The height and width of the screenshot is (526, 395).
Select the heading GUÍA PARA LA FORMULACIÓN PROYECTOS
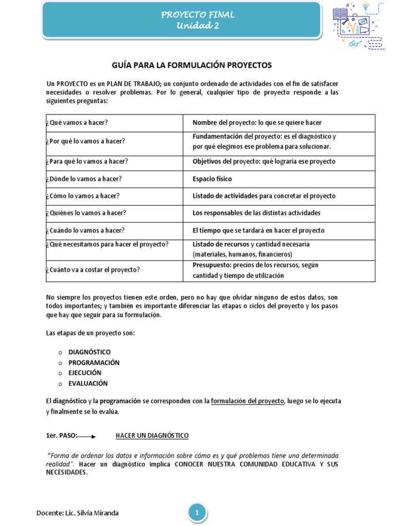click(x=191, y=65)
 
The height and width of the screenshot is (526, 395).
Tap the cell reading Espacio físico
click(x=212, y=179)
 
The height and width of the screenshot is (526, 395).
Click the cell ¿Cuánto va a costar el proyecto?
click(x=93, y=270)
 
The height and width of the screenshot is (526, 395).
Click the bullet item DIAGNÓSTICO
click(x=89, y=352)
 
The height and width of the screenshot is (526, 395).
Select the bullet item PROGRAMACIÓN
click(x=94, y=362)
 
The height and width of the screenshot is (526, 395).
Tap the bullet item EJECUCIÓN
click(x=85, y=372)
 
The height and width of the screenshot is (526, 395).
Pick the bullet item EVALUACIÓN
click(x=88, y=383)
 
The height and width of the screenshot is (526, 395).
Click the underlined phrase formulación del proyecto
click(x=247, y=401)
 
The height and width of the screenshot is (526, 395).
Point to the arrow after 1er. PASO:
click(x=86, y=437)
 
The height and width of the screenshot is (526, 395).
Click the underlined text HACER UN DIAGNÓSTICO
click(x=152, y=436)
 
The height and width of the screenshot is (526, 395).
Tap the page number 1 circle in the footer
click(x=197, y=512)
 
